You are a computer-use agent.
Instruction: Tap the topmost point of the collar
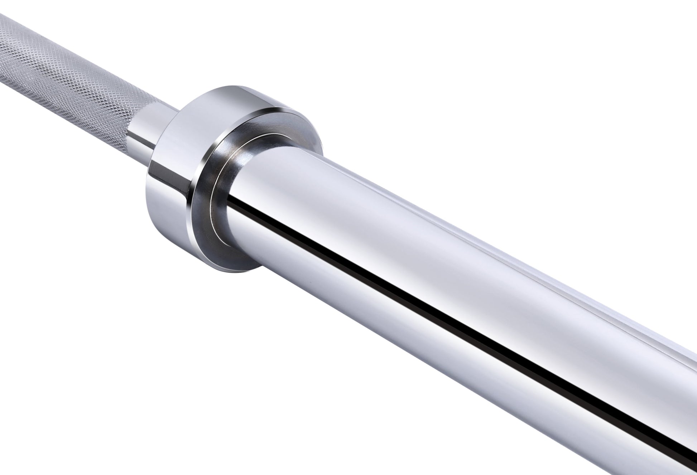tap(229, 86)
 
